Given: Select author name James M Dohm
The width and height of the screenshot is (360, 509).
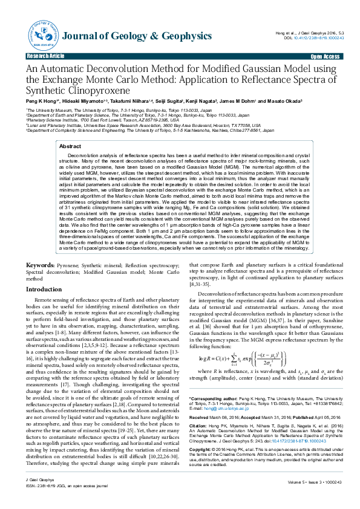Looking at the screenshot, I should point(236,101).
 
